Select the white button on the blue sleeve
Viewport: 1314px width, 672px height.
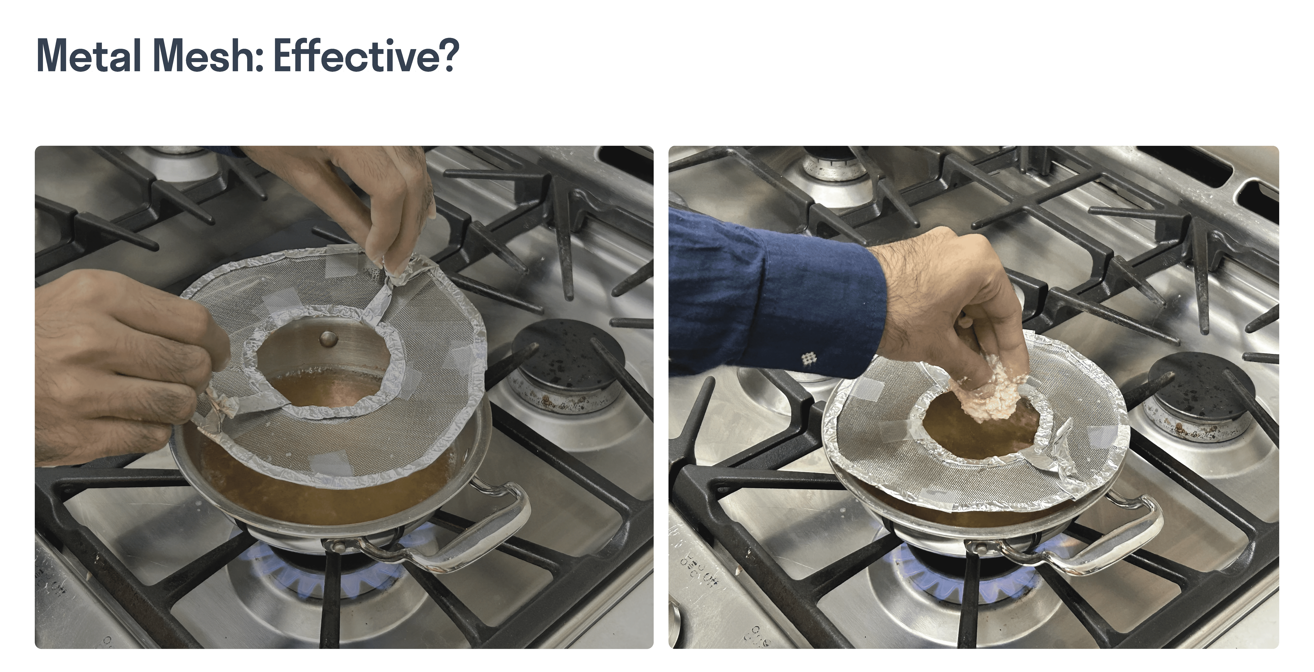(x=807, y=358)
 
